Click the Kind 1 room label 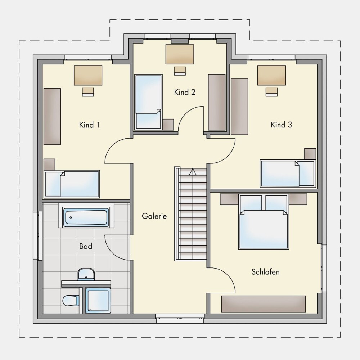tap(89, 125)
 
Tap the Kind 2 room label tap(185, 92)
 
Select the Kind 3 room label tap(281, 125)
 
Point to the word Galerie tap(154, 216)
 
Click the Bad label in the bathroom tap(86, 246)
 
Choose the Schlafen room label tap(265, 272)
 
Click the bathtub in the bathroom tap(86, 217)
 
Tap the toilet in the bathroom tap(71, 300)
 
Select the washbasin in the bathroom tap(86, 274)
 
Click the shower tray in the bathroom tap(98, 301)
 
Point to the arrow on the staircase tap(193, 172)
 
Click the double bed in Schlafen tap(264, 222)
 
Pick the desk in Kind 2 tap(180, 54)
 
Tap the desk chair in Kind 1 tap(88, 92)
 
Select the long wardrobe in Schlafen tap(264, 304)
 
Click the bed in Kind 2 tap(148, 102)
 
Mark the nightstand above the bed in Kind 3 tap(310, 154)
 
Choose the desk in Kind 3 tap(271, 75)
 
